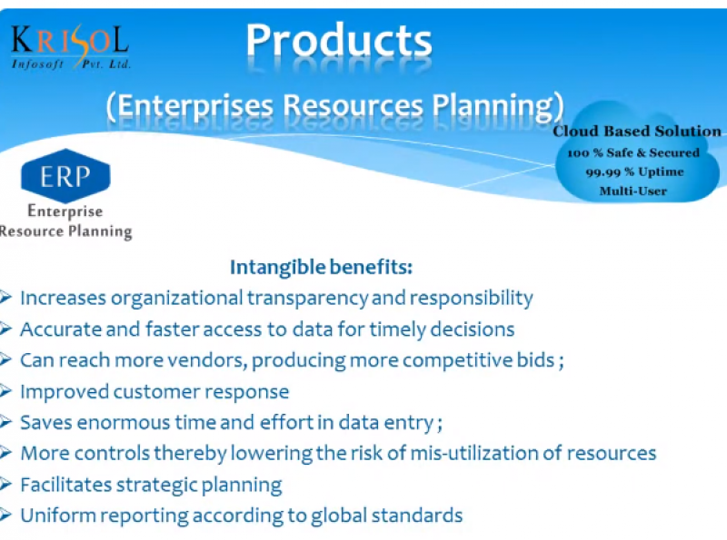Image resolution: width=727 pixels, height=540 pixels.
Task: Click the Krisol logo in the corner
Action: click(x=71, y=47)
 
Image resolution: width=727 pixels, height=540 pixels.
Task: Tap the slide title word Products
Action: click(x=339, y=41)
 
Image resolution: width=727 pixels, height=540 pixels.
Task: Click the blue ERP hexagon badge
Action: click(x=65, y=176)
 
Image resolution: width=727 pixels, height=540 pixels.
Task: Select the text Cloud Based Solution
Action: click(x=637, y=131)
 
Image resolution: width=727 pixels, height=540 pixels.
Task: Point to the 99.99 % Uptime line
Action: click(x=634, y=172)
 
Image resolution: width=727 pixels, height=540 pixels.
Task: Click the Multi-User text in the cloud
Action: click(x=632, y=191)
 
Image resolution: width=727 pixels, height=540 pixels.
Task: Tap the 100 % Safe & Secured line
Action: click(x=632, y=152)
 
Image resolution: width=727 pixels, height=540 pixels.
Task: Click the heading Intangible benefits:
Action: click(x=321, y=267)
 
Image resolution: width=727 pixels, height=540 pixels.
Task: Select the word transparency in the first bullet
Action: click(x=307, y=299)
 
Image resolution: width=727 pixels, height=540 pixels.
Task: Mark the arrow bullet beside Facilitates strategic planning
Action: click(x=5, y=485)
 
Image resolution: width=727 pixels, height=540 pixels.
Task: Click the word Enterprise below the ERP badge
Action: click(x=65, y=211)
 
